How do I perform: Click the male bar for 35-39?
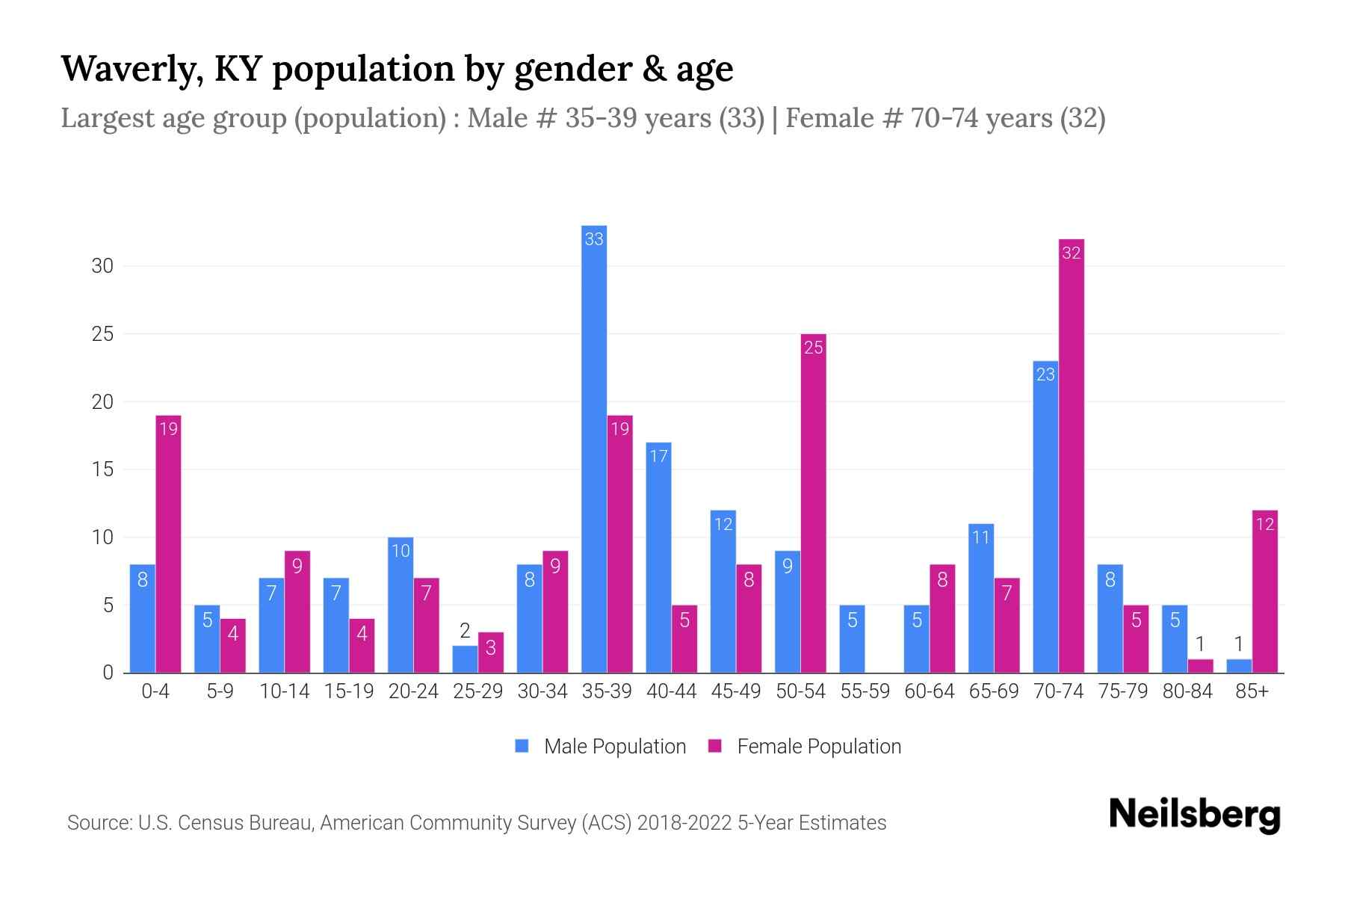click(x=594, y=449)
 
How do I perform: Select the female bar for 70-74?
click(x=1072, y=456)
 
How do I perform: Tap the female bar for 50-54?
click(x=814, y=503)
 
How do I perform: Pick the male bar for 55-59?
click(x=852, y=639)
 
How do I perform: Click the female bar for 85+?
click(x=1265, y=591)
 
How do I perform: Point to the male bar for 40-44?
click(x=658, y=558)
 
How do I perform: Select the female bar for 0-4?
click(x=168, y=544)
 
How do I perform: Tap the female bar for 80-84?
click(x=1200, y=666)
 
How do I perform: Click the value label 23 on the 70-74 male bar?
click(x=1045, y=374)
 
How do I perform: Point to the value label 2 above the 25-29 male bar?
click(x=465, y=631)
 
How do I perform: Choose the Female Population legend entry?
click(x=806, y=746)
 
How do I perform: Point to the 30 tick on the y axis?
click(x=102, y=266)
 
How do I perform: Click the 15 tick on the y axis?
click(x=102, y=469)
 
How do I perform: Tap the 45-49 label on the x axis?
click(x=736, y=691)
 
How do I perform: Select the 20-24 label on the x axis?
click(x=413, y=691)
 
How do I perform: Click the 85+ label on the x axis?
click(x=1252, y=691)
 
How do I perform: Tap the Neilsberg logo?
click(x=1194, y=815)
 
